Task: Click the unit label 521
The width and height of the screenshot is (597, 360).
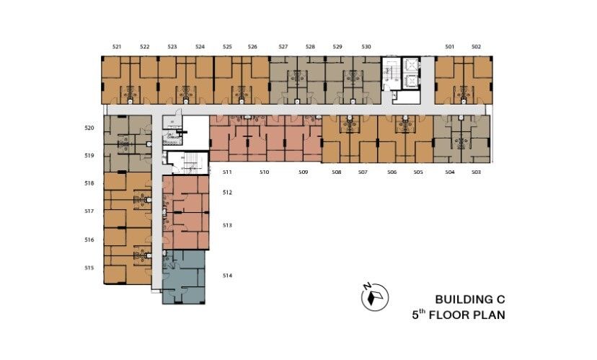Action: pyautogui.click(x=117, y=47)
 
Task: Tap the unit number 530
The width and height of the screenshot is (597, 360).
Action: pyautogui.click(x=366, y=47)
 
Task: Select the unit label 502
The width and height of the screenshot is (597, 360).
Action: pyautogui.click(x=477, y=47)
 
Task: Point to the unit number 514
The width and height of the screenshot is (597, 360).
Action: pyautogui.click(x=227, y=276)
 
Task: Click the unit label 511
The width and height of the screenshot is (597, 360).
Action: pyautogui.click(x=227, y=172)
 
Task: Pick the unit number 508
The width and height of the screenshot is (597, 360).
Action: pyautogui.click(x=337, y=172)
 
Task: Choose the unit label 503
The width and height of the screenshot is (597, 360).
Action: pyautogui.click(x=477, y=172)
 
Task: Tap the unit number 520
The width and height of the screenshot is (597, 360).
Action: pyautogui.click(x=89, y=128)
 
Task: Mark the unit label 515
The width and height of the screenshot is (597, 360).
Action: pyautogui.click(x=89, y=268)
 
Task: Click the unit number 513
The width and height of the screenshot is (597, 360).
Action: pyautogui.click(x=227, y=225)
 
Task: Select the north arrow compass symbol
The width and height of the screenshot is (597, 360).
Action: pyautogui.click(x=375, y=297)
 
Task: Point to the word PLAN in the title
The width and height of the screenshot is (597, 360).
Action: pyautogui.click(x=490, y=315)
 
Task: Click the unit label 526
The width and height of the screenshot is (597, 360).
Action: pyautogui.click(x=252, y=47)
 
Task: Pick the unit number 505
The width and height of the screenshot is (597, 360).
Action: pyautogui.click(x=418, y=172)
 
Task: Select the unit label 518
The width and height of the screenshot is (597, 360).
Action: pyautogui.click(x=89, y=183)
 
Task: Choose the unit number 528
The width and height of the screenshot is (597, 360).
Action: pyautogui.click(x=310, y=47)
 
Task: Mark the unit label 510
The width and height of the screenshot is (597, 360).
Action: pyautogui.click(x=265, y=172)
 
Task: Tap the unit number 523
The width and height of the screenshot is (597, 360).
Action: pyautogui.click(x=172, y=47)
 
